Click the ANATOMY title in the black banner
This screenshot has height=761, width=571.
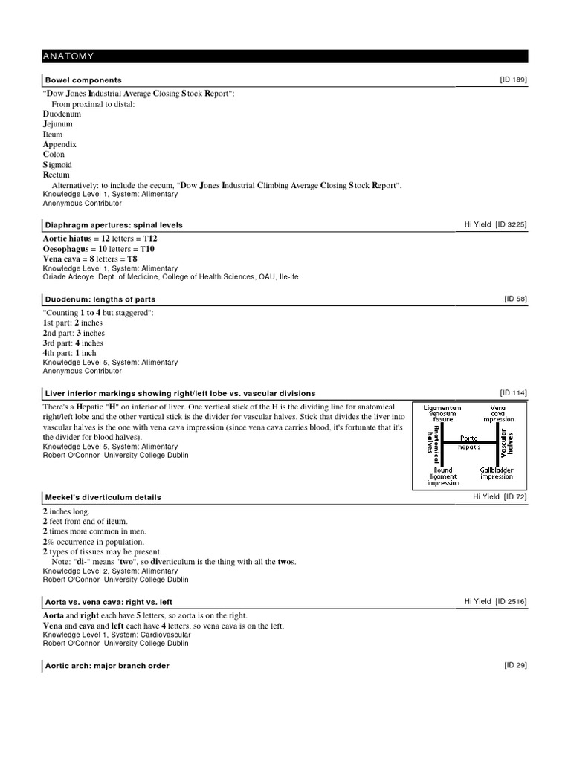[68, 56]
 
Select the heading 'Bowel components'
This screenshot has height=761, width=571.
[83, 80]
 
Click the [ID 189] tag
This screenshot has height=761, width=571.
[513, 80]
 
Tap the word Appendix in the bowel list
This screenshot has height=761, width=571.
[59, 144]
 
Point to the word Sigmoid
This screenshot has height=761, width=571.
[57, 165]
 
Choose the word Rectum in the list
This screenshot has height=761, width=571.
[57, 175]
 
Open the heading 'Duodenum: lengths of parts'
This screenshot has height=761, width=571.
[100, 299]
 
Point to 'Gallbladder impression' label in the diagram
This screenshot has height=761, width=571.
[497, 473]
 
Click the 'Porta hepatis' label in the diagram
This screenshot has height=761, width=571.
[469, 442]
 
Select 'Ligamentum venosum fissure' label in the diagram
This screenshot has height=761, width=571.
[442, 413]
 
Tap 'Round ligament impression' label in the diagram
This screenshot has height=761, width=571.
[442, 476]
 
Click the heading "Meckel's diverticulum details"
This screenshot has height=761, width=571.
[103, 497]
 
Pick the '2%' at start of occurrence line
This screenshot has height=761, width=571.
[48, 541]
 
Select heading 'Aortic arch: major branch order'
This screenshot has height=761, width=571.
[107, 666]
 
